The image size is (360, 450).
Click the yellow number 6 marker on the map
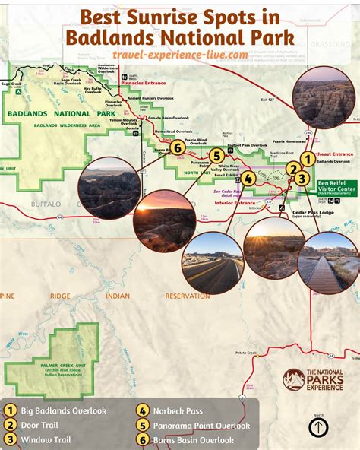click(x=176, y=147)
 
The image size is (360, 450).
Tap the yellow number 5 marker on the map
click(x=217, y=158)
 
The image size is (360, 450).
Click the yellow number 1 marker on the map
click(x=306, y=158)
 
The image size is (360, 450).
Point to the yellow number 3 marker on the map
click(x=302, y=179)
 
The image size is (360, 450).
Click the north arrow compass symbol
click(x=318, y=427)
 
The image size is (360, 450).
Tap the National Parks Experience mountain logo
click(x=293, y=381)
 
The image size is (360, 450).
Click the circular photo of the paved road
click(x=213, y=263)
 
